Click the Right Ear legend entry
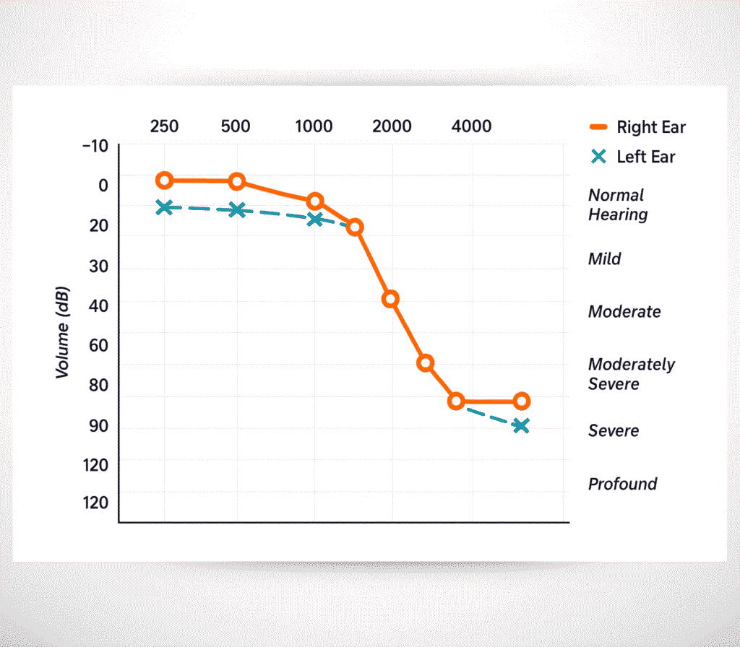pyautogui.click(x=637, y=128)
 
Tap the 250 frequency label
pyautogui.click(x=164, y=126)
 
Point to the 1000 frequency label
pyautogui.click(x=314, y=126)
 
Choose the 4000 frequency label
pyautogui.click(x=471, y=126)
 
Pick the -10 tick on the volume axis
pyautogui.click(x=95, y=147)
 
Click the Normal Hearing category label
pyautogui.click(x=618, y=205)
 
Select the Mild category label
pyautogui.click(x=605, y=259)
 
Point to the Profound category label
pyautogui.click(x=623, y=484)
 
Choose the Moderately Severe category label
pyautogui.click(x=631, y=374)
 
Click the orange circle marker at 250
pyautogui.click(x=164, y=181)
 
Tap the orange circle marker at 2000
pyautogui.click(x=390, y=299)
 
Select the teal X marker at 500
pyautogui.click(x=236, y=210)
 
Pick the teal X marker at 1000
pyautogui.click(x=314, y=219)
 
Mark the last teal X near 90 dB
pyautogui.click(x=521, y=426)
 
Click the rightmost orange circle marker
pyautogui.click(x=521, y=401)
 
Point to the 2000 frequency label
pyautogui.click(x=392, y=126)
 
